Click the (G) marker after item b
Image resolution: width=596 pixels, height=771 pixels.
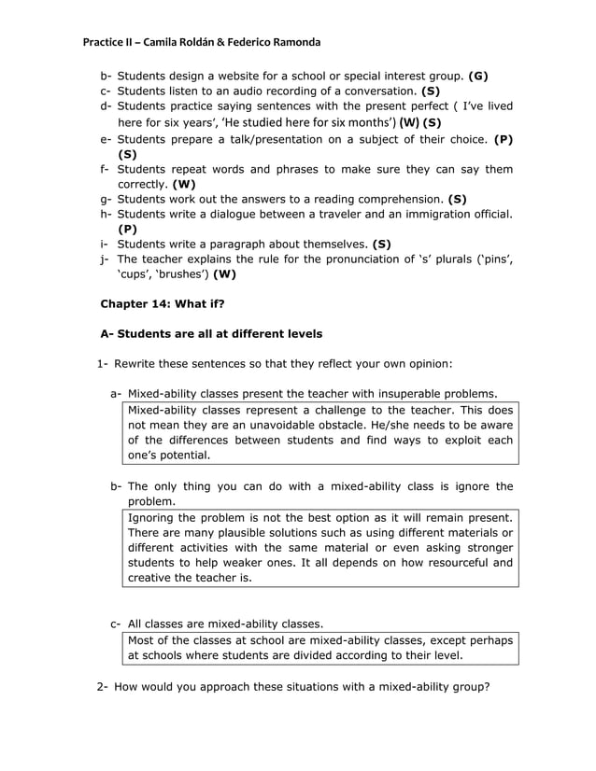[x=477, y=76]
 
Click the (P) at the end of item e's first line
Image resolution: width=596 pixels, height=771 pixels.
[x=503, y=138]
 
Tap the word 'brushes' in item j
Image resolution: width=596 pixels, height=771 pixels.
[x=183, y=274]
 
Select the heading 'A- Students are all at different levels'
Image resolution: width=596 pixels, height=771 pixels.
[x=211, y=333]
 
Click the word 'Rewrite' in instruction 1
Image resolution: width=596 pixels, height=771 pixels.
[x=140, y=363]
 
